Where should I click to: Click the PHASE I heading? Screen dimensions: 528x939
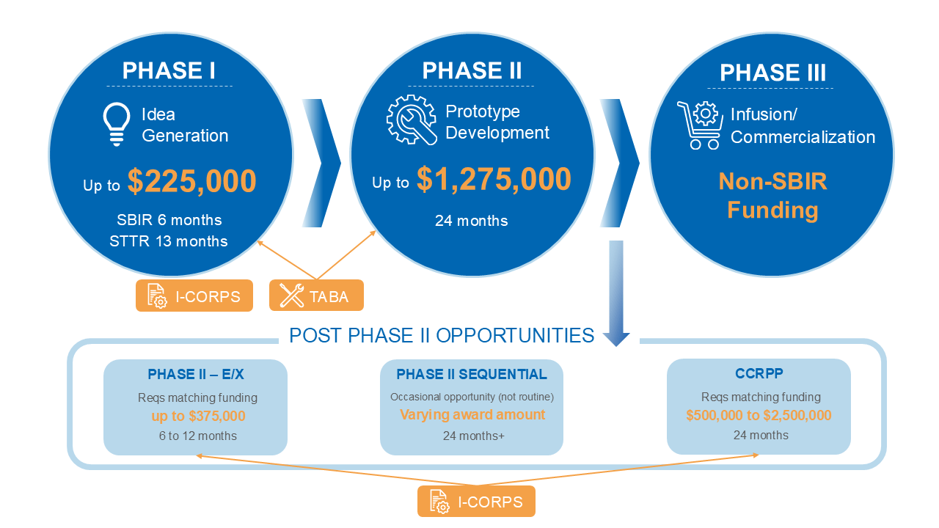[169, 70]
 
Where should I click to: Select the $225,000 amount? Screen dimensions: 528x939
[191, 182]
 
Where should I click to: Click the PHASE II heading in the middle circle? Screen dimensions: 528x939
[472, 70]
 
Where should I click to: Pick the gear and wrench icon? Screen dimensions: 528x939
[412, 120]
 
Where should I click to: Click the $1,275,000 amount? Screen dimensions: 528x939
[494, 180]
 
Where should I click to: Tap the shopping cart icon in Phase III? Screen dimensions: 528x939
[698, 125]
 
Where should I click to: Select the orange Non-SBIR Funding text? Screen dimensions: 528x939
[772, 196]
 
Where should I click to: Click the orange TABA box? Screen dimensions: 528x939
[316, 296]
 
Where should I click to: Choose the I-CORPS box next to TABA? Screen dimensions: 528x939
[194, 296]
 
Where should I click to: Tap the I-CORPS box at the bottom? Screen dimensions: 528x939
[476, 502]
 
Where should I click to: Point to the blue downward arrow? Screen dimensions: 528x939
[616, 293]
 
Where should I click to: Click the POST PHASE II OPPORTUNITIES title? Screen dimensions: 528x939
[442, 335]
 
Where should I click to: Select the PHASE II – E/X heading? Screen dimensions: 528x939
[196, 375]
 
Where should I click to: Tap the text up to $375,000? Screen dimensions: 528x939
[198, 417]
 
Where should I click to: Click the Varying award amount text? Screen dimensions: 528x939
[472, 415]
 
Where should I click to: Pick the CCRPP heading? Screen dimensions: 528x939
[759, 374]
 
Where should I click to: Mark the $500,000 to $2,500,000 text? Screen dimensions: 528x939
[759, 416]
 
